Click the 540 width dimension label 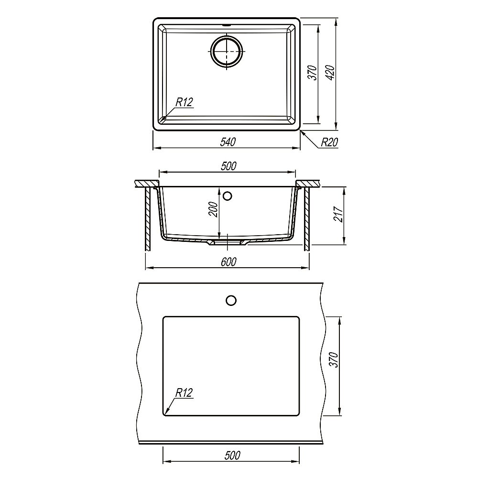pos(228,141)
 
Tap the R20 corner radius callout pos(329,142)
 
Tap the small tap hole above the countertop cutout pos(231,300)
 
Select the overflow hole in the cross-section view pos(228,196)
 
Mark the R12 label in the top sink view pos(184,102)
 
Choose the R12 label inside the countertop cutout pos(184,393)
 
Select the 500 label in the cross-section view pos(228,166)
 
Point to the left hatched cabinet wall pos(148,219)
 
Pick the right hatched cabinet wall pos(306,219)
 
